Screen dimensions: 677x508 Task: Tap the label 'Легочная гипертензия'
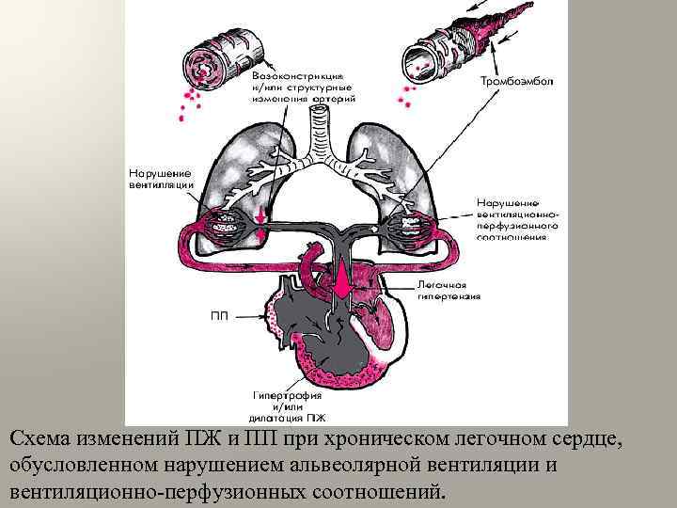[449, 289]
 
